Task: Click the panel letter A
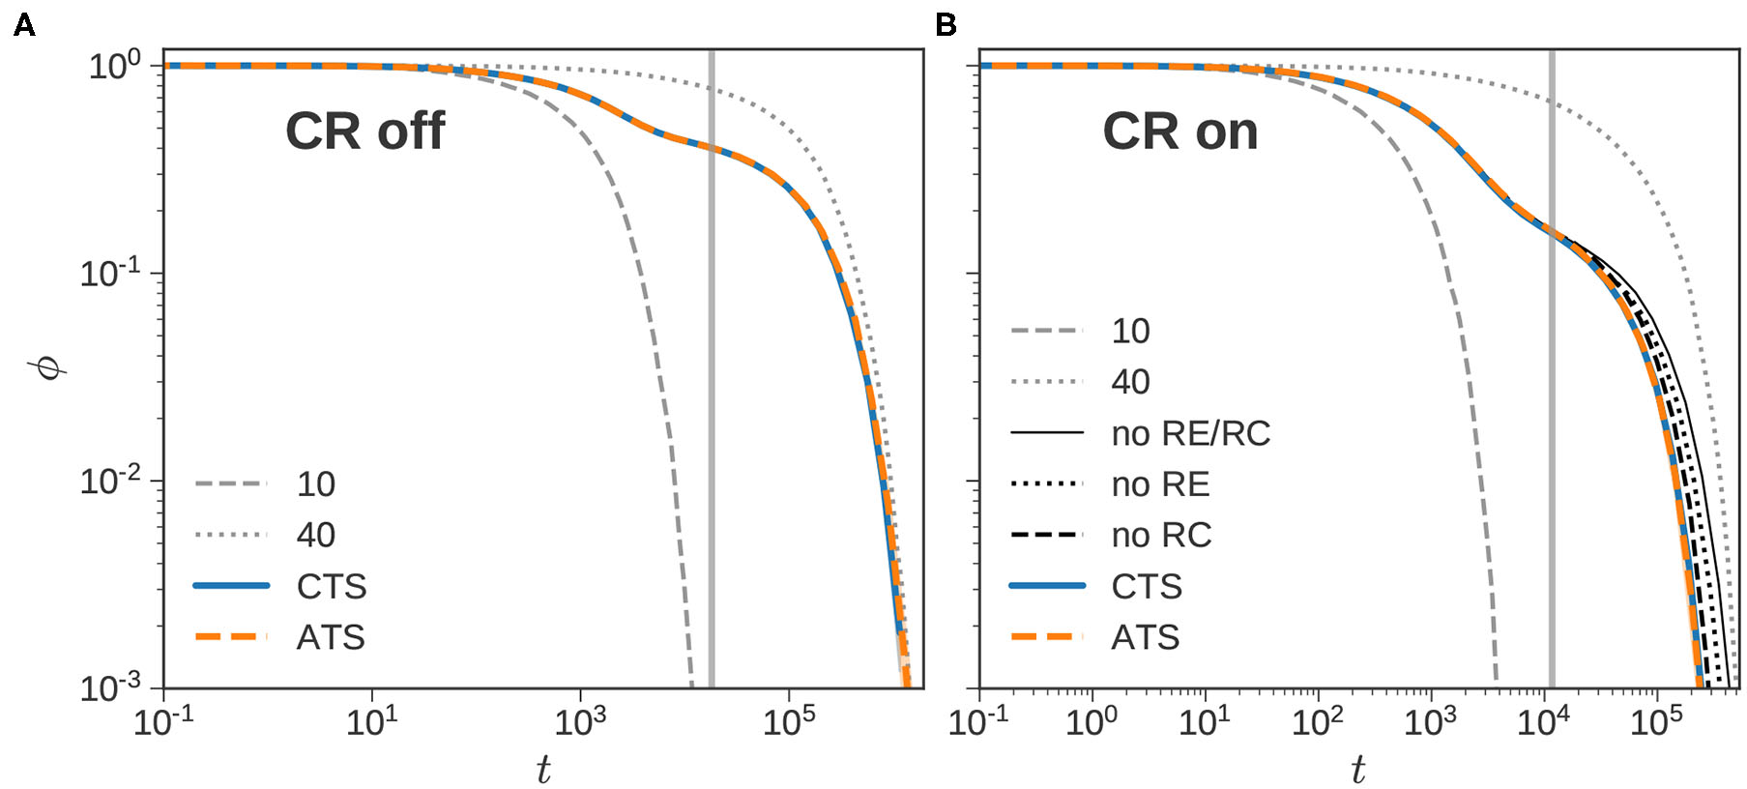point(24,25)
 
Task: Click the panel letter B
point(946,25)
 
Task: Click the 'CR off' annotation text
point(364,131)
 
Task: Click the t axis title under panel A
point(543,770)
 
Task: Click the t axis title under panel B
point(1358,770)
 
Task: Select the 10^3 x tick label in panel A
point(580,720)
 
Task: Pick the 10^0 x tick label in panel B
point(1092,720)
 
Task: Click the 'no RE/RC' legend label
point(1190,434)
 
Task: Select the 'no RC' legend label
point(1161,536)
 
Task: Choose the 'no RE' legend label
point(1160,484)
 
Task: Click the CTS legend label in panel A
point(332,587)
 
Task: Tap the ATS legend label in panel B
point(1146,638)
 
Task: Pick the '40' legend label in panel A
point(315,536)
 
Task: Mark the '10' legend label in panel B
point(1130,332)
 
